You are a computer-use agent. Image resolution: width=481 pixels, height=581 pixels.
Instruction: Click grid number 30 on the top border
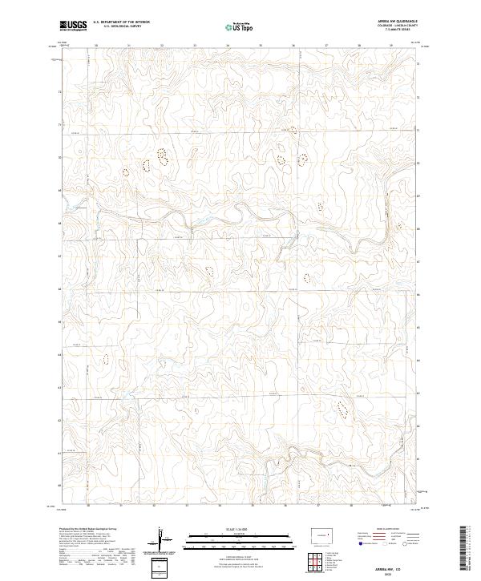click(x=96, y=46)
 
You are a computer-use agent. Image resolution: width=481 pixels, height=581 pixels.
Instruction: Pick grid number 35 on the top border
click(x=261, y=46)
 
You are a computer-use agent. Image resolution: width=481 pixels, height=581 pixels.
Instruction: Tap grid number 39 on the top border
click(x=392, y=46)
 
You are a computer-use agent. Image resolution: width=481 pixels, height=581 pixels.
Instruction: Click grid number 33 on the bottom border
click(x=195, y=506)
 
